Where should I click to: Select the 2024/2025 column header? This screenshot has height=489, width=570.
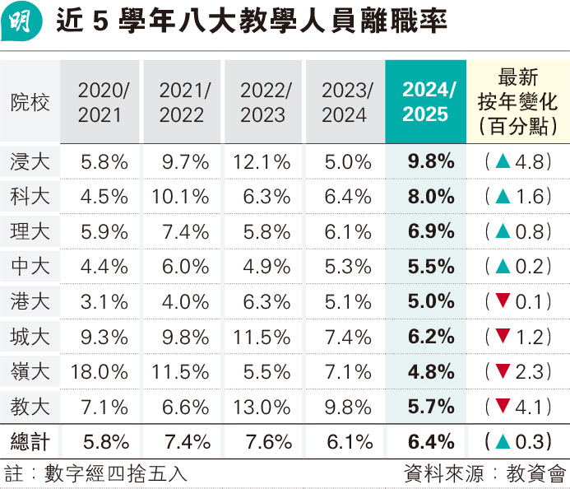click(x=425, y=102)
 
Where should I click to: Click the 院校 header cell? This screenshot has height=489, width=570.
click(x=30, y=103)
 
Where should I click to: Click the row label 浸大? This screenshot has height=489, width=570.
click(x=30, y=162)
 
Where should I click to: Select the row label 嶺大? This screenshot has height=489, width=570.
click(x=30, y=370)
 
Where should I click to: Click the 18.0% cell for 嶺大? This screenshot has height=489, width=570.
click(x=100, y=370)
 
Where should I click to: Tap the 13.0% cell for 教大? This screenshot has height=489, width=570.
click(x=263, y=406)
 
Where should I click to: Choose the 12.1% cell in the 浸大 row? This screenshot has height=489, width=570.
click(x=263, y=162)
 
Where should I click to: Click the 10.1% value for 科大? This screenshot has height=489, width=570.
click(x=181, y=197)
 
